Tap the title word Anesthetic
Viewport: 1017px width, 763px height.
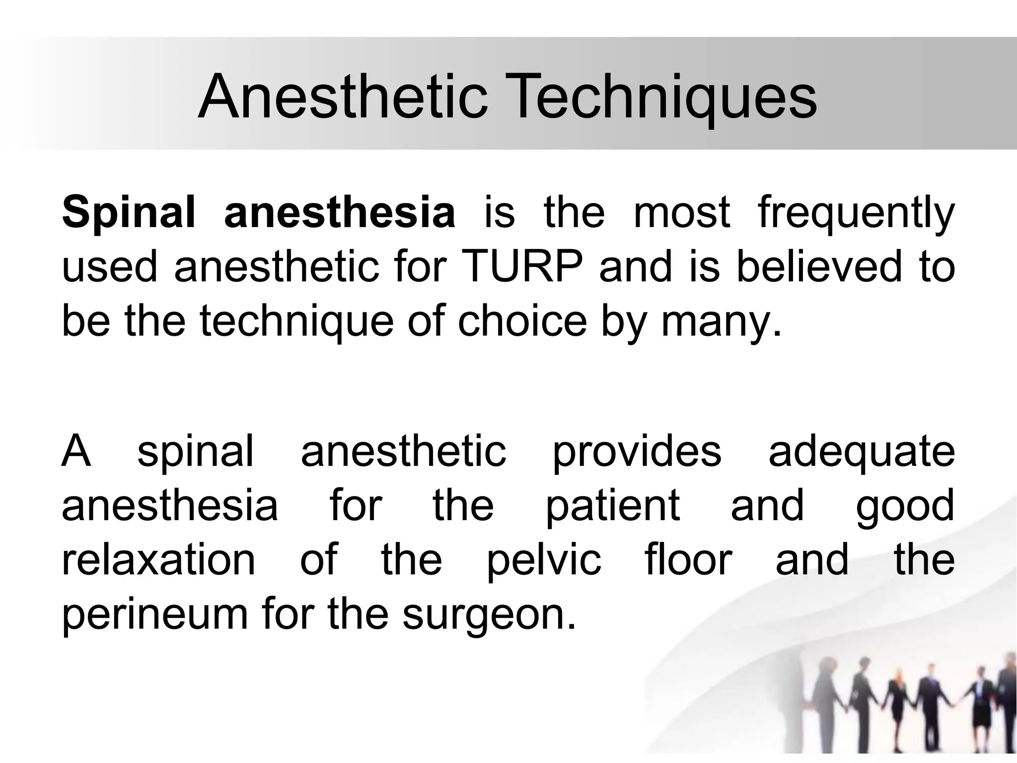343,96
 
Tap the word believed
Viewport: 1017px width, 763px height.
818,267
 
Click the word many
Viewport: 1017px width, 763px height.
722,321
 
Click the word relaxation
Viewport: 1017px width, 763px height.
158,560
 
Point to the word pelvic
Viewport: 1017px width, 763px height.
544,560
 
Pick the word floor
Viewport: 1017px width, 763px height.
688,560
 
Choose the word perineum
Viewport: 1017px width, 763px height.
154,614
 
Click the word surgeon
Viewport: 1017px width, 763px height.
489,614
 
